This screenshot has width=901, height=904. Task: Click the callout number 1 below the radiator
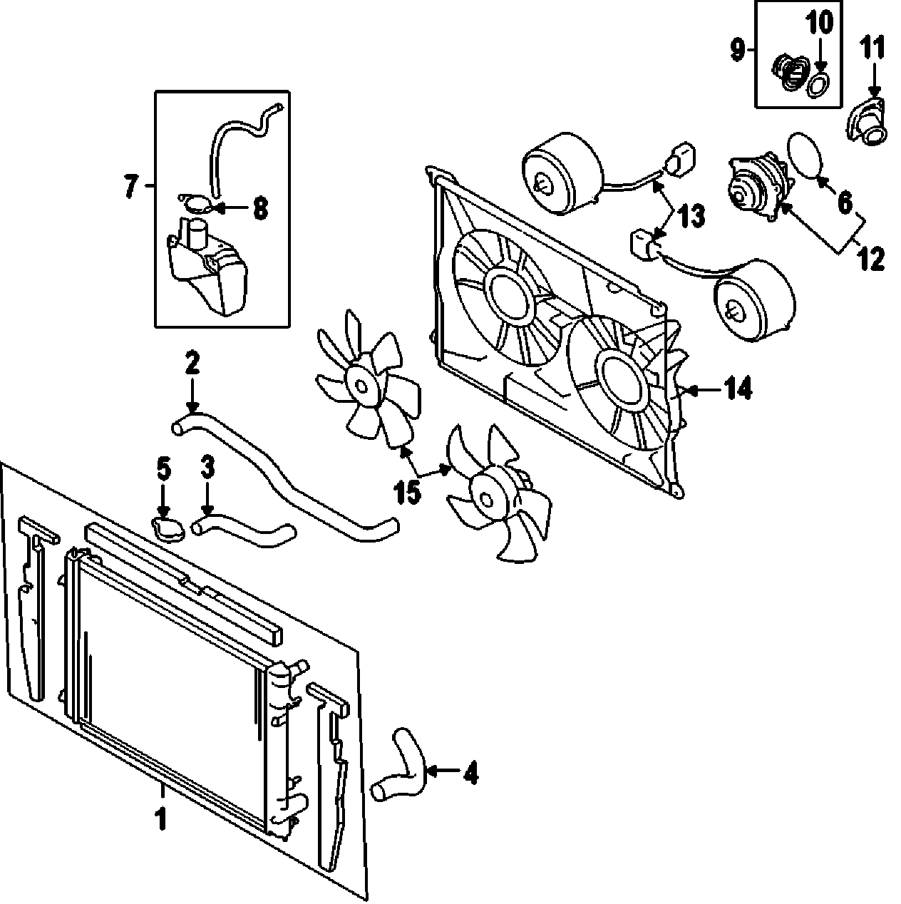(162, 818)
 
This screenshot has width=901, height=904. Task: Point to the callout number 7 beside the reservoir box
(130, 188)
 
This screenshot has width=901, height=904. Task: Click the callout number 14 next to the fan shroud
(738, 389)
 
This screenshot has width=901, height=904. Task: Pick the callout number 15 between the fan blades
(408, 492)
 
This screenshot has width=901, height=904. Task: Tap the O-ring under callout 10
(818, 86)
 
